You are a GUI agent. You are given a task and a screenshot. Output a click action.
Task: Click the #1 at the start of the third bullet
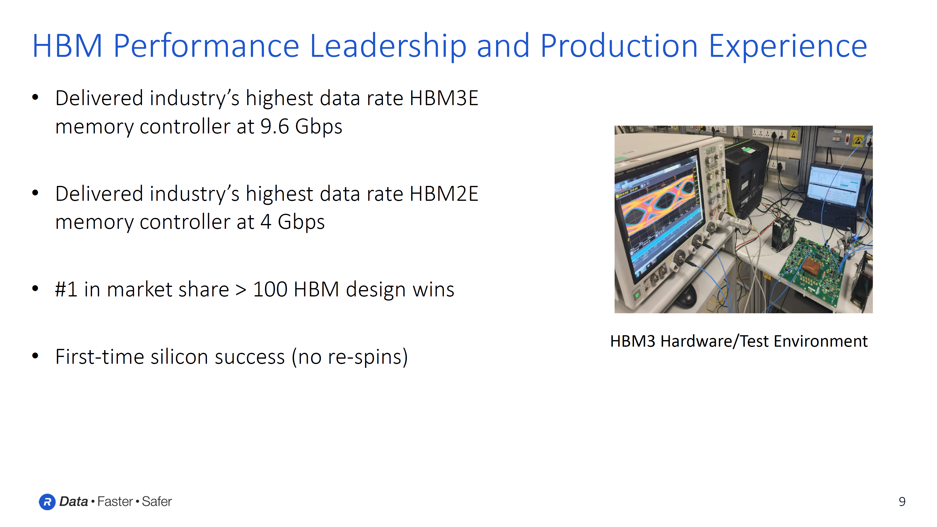(66, 290)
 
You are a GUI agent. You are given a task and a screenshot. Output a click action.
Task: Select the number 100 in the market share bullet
(270, 290)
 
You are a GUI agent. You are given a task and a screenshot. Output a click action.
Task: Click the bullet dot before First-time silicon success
(35, 356)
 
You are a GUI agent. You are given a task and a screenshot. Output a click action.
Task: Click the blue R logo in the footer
(47, 502)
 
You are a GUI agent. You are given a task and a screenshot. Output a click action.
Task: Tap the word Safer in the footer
(156, 502)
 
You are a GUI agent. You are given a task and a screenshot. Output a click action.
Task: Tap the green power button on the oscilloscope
(637, 295)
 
